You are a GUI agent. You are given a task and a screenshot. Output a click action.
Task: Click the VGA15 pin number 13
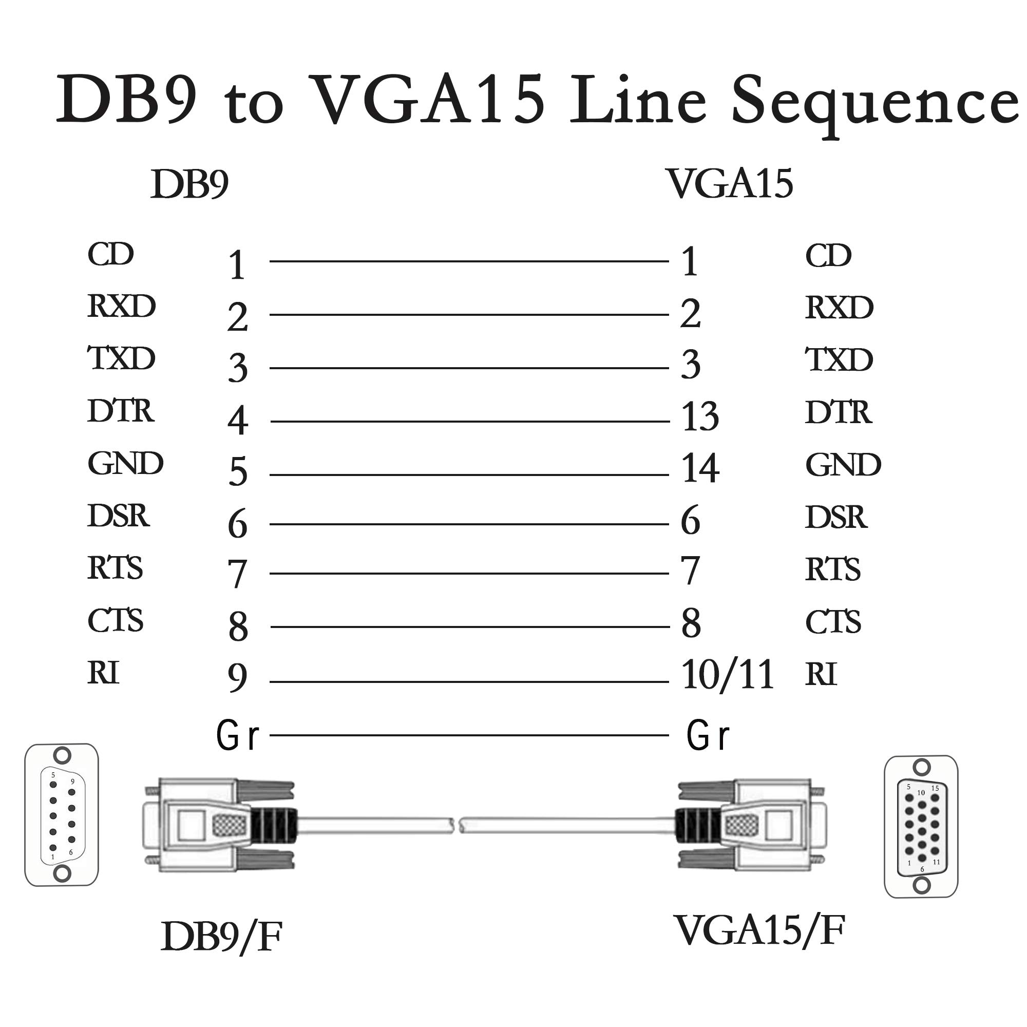(700, 416)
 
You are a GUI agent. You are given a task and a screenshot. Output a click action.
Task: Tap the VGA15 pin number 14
(700, 468)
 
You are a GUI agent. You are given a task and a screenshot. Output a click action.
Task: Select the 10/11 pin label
(727, 675)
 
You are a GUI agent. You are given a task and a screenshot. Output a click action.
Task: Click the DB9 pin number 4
(238, 421)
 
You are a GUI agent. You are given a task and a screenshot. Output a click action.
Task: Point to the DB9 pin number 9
(237, 678)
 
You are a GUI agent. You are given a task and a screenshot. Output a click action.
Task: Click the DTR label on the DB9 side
(121, 411)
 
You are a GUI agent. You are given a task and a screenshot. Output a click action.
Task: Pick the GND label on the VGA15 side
(843, 465)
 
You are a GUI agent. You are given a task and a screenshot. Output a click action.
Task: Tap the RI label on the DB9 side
(103, 673)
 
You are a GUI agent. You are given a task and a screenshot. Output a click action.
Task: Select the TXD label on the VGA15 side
(839, 360)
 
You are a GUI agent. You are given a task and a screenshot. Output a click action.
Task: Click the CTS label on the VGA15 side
(832, 622)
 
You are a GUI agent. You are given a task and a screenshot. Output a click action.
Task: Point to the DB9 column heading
(189, 184)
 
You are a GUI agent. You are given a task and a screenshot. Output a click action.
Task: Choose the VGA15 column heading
(729, 184)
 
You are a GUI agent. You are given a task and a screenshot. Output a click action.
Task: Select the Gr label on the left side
(238, 736)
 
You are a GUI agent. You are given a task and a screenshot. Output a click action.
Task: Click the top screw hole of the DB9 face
(63, 755)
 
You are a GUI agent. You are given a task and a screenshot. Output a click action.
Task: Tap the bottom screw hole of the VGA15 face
(922, 885)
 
